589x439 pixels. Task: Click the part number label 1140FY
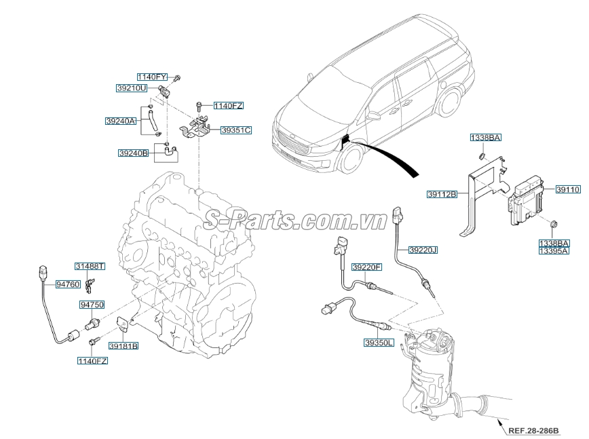(153, 77)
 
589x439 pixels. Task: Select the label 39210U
(130, 88)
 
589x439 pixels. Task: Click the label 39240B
(133, 153)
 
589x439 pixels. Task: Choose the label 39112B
(442, 194)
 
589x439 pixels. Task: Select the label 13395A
(553, 250)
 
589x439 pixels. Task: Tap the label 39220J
(423, 250)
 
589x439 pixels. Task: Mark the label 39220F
(367, 267)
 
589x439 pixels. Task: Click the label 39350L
(378, 343)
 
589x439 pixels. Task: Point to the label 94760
(68, 284)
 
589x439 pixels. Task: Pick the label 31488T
(90, 266)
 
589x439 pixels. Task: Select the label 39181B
(123, 345)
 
